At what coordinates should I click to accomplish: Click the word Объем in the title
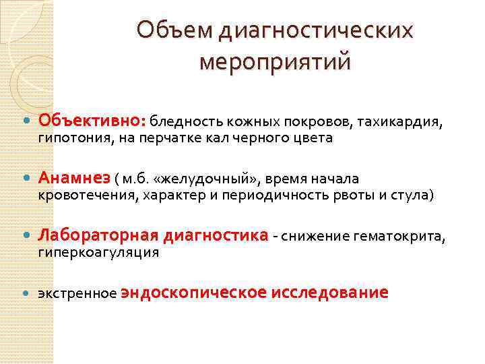166,30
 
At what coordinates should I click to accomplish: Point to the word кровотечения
84,195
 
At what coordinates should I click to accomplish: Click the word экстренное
77,294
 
